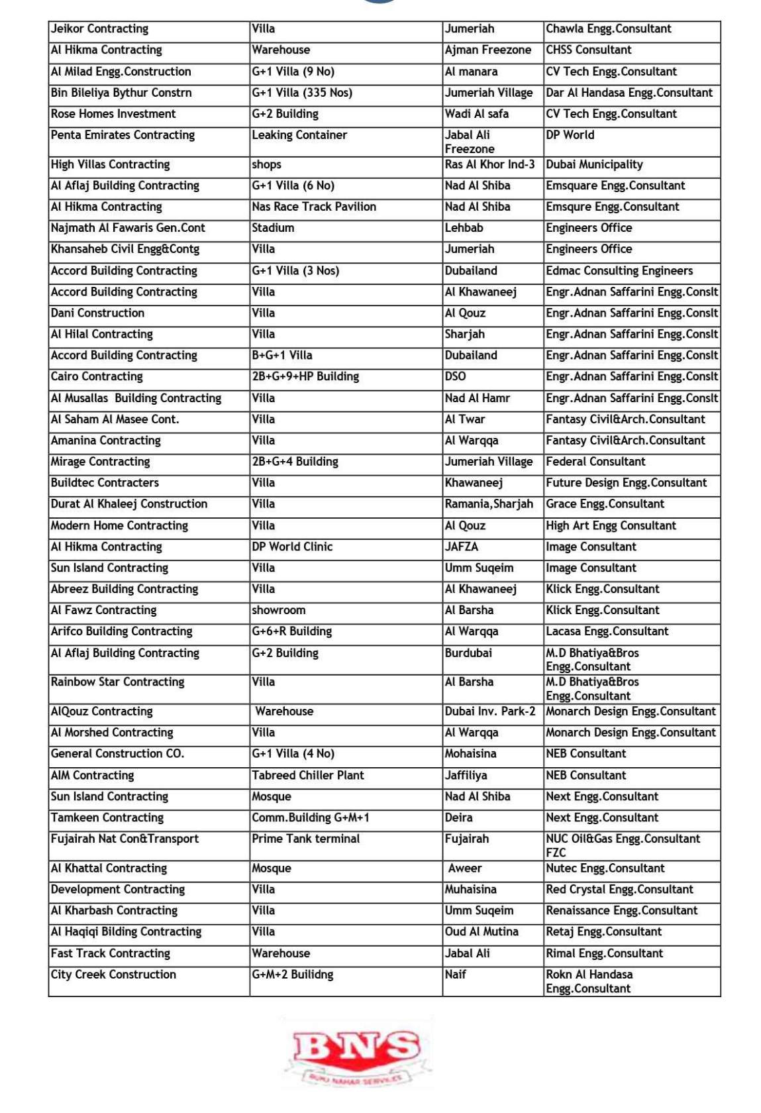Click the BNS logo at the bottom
[x=356, y=1051]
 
